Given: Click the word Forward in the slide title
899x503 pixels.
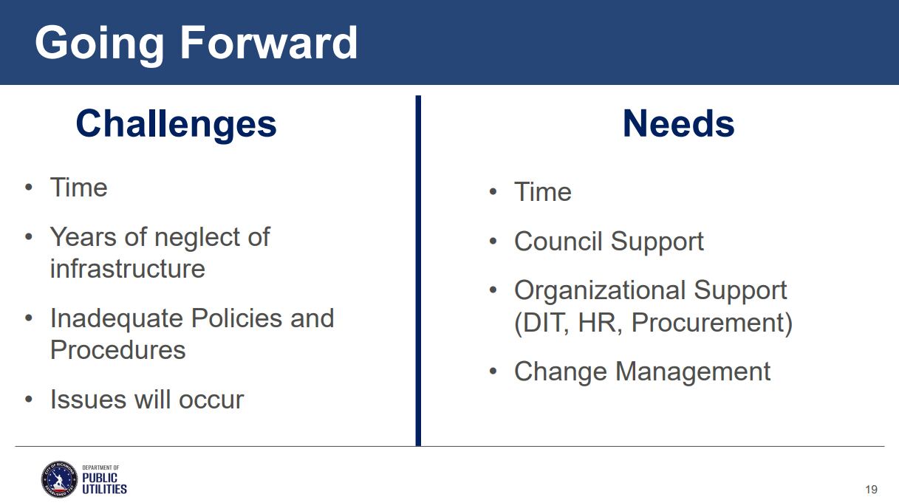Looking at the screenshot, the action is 268,42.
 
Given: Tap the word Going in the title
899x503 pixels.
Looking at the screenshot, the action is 100,45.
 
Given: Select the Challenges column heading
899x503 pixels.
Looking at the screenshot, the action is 177,124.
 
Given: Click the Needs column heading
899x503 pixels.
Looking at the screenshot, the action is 678,123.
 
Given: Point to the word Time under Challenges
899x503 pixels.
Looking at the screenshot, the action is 78,188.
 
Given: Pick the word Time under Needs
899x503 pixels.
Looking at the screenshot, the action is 543,191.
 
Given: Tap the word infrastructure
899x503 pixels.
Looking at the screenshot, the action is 128,269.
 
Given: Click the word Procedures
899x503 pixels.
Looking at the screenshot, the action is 118,349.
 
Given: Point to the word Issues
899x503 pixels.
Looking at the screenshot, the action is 89,400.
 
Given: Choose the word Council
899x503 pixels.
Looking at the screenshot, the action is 558,242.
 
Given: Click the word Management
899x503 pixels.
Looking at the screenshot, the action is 693,372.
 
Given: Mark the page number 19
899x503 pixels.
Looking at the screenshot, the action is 872,490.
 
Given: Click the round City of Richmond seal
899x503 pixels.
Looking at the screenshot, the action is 59,479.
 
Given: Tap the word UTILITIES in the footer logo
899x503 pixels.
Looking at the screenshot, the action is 104,489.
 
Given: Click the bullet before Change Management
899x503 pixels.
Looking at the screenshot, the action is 493,372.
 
